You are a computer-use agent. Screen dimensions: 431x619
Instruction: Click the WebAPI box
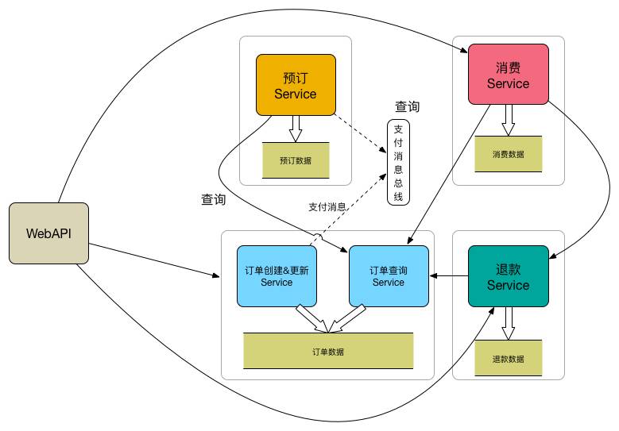[48, 233]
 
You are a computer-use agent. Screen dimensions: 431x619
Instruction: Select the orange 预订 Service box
[295, 85]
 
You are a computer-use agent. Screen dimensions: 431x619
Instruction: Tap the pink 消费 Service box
[508, 74]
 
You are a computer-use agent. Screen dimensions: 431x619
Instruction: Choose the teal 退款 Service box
[508, 275]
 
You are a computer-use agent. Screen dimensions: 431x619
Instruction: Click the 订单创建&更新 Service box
[277, 275]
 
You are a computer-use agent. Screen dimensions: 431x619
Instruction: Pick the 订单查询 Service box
[389, 275]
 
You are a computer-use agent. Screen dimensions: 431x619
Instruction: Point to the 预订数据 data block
[295, 160]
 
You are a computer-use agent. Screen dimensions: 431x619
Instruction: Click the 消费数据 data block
[508, 154]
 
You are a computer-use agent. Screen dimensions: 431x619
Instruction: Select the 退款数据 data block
[508, 358]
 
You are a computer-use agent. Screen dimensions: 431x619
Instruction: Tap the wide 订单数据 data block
[328, 351]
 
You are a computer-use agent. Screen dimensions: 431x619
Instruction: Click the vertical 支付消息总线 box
[398, 162]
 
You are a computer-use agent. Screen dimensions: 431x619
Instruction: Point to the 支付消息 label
[327, 207]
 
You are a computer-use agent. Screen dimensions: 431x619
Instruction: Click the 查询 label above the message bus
[408, 107]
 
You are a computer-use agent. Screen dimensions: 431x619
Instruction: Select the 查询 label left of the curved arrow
[214, 200]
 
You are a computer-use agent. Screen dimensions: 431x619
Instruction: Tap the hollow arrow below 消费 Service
[508, 119]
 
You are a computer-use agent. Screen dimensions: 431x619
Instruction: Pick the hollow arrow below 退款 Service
[508, 322]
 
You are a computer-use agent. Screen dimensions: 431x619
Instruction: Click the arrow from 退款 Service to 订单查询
[448, 275]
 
